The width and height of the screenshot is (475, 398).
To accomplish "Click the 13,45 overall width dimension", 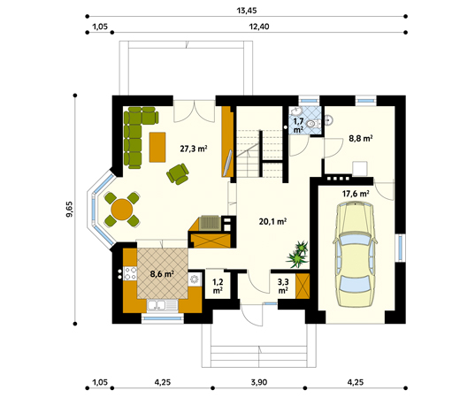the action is click(247, 11).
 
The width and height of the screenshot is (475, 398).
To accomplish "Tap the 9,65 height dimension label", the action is click(69, 210).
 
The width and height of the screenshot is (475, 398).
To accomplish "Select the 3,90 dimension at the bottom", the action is click(259, 382).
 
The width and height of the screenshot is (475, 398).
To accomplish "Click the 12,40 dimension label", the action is click(259, 27).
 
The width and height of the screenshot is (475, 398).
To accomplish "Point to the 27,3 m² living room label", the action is click(194, 149).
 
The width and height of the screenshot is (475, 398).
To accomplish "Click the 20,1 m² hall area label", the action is click(273, 222).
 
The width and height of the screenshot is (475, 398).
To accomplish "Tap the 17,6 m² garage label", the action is click(356, 194).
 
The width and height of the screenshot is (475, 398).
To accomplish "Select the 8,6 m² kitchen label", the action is click(162, 274).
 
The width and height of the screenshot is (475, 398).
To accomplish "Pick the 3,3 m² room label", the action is click(283, 287).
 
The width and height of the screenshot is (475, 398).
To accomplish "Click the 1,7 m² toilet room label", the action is click(298, 126).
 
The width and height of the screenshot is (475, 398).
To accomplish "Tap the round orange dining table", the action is click(122, 210).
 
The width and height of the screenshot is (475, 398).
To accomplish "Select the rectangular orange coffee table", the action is click(157, 147).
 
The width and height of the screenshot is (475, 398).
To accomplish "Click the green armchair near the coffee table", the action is click(178, 173).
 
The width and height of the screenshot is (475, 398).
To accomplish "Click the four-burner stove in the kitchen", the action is click(130, 272).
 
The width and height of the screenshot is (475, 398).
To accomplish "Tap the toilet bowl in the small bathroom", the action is click(311, 124).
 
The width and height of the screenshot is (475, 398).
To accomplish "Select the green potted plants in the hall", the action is click(297, 254).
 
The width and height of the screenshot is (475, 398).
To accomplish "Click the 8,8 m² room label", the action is click(361, 139).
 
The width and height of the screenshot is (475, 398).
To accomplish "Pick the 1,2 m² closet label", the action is click(218, 287).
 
